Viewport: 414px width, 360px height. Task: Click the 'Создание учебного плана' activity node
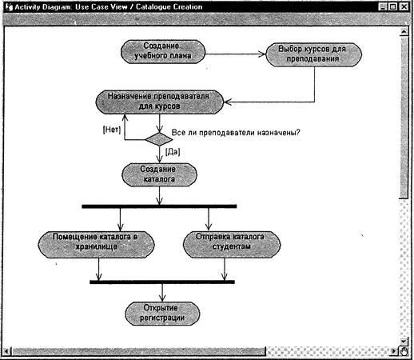pyautogui.click(x=163, y=50)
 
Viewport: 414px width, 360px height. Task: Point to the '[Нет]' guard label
pyautogui.click(x=111, y=130)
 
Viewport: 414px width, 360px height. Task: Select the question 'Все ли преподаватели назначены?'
pyautogui.click(x=236, y=132)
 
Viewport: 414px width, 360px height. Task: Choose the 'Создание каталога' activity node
pyautogui.click(x=158, y=174)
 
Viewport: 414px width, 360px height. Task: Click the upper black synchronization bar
pyautogui.click(x=159, y=206)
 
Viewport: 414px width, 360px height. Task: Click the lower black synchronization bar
pyautogui.click(x=162, y=282)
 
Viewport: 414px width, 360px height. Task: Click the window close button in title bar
pyautogui.click(x=405, y=7)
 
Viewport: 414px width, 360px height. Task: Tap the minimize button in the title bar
pyautogui.click(x=383, y=7)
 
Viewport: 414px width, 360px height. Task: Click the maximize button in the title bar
pyautogui.click(x=394, y=7)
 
